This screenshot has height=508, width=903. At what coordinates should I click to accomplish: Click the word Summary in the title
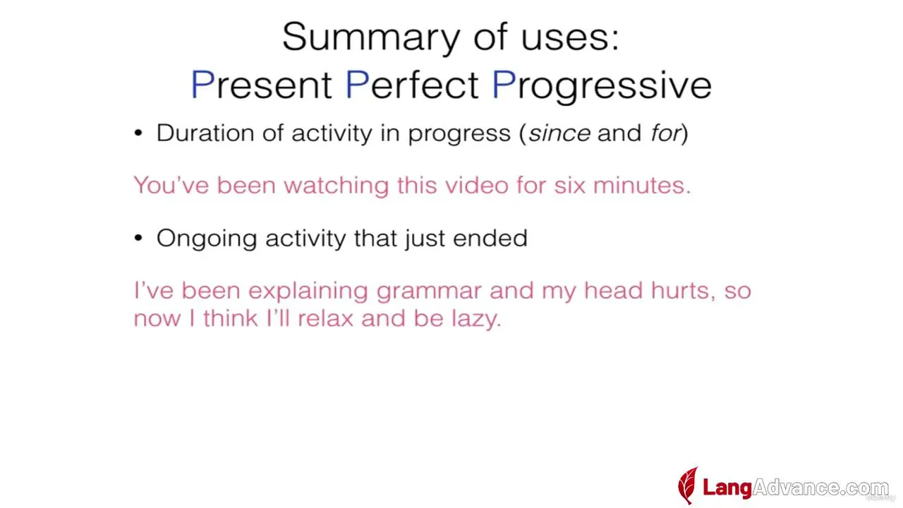(371, 38)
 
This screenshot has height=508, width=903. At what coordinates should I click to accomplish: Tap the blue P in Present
(202, 84)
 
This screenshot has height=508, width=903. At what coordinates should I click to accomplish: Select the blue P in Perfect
(357, 84)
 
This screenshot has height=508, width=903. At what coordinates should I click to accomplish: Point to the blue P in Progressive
(504, 84)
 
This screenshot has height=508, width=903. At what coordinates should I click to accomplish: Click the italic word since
(559, 133)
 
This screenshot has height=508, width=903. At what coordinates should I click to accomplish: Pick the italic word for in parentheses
(665, 133)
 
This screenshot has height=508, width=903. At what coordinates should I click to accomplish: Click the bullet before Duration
(138, 133)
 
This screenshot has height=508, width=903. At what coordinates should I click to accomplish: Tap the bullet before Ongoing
(138, 238)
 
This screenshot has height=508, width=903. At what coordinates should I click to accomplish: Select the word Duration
(205, 133)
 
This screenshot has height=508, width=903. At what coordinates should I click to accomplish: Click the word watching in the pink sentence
(337, 186)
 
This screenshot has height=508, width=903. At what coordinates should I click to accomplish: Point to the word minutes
(642, 186)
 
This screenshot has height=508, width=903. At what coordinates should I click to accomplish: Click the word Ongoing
(207, 238)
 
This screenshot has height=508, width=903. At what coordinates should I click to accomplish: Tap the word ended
(490, 238)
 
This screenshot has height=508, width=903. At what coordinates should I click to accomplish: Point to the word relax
(326, 318)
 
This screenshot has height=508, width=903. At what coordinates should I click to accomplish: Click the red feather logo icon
(688, 485)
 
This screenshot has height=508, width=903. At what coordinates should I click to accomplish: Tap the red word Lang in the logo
(727, 488)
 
